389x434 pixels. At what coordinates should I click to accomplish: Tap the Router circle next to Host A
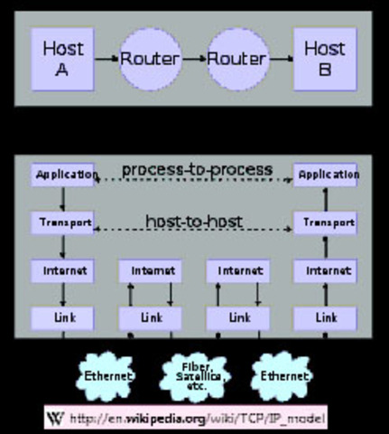[151, 58]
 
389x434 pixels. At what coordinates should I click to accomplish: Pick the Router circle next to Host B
[236, 58]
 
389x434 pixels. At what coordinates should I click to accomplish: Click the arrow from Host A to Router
[107, 59]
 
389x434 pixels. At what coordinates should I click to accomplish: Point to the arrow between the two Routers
[194, 59]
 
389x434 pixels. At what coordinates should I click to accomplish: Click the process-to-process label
[197, 169]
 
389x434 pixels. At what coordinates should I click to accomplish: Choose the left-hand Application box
[63, 174]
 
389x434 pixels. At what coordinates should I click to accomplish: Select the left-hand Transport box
[63, 222]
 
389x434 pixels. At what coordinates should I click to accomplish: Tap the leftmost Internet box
[63, 269]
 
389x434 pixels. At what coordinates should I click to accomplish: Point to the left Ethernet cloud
[108, 374]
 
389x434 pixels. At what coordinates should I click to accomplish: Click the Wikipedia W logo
[56, 417]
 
